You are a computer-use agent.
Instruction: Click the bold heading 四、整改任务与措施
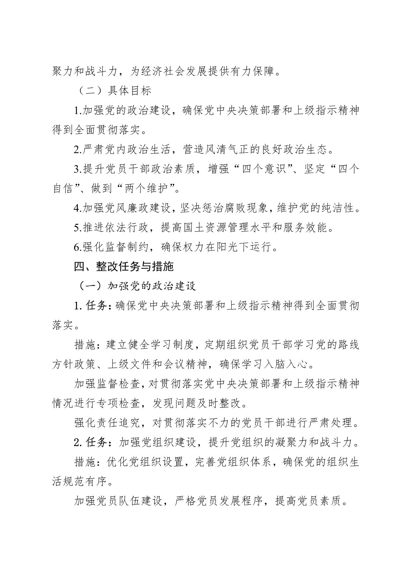point(124,267)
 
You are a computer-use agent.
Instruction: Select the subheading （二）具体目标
point(114,91)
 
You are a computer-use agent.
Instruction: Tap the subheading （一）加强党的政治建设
point(136,286)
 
